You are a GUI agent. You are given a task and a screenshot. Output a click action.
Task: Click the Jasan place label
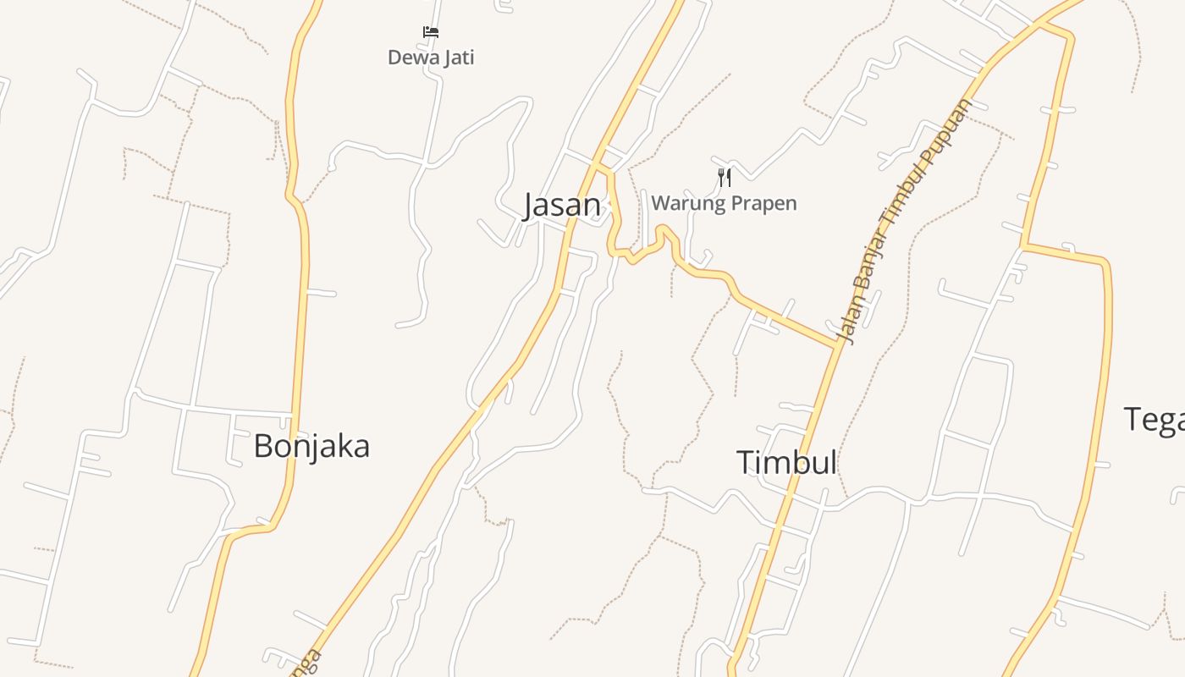562,206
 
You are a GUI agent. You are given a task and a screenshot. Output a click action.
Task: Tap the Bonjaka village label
311,446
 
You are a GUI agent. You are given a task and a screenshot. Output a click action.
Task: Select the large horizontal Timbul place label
786,463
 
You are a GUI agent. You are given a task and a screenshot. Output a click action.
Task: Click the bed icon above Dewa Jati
431,32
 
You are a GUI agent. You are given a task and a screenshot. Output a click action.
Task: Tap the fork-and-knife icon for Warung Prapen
724,177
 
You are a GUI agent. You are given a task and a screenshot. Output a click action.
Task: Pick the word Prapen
765,204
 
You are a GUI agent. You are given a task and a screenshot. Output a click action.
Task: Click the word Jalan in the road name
849,320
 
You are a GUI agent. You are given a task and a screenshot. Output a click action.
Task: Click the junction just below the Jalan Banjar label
837,345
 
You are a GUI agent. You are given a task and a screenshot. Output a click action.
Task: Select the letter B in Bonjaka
264,446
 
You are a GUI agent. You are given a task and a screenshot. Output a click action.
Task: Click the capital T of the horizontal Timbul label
745,463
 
